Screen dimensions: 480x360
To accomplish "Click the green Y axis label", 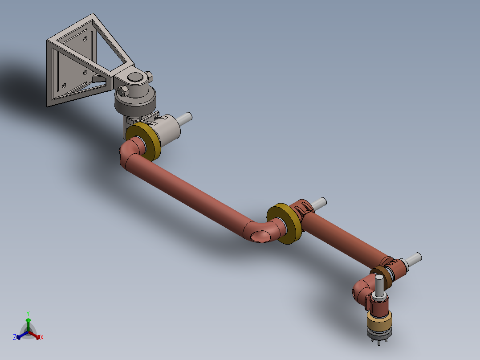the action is click(x=28, y=313).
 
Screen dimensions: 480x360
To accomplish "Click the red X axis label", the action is click(x=42, y=337).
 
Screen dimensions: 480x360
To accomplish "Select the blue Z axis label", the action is click(x=15, y=337).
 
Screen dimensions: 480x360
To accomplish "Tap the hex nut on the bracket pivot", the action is click(x=123, y=91).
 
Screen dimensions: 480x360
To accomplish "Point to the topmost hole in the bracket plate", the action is click(x=85, y=39).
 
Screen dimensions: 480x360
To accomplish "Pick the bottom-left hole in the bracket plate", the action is click(x=64, y=86).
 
